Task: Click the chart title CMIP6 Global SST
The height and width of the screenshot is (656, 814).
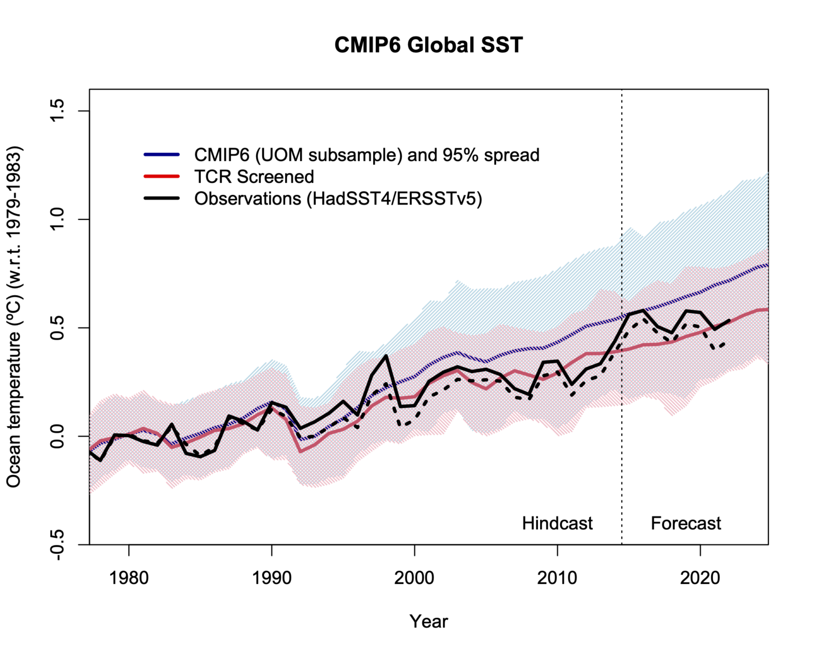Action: pos(428,45)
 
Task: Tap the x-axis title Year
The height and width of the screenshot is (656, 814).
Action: pos(428,621)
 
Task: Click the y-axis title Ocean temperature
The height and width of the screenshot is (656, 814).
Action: pos(14,316)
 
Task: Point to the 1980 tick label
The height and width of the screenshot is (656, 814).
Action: pos(129,577)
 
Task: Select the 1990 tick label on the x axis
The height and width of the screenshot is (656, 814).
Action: pos(272,577)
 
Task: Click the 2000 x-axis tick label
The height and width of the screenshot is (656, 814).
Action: pos(414,577)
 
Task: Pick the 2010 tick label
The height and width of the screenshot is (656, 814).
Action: pos(558,577)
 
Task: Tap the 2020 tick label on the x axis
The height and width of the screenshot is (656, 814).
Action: pos(700,577)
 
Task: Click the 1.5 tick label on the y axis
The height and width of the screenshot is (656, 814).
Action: pos(57,111)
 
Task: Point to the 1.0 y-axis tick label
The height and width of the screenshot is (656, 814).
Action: pos(57,219)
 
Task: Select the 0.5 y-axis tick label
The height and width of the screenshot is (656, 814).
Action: pos(57,328)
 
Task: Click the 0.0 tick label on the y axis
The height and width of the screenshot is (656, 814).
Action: pos(57,436)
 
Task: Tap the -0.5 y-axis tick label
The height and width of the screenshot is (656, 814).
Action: pos(57,544)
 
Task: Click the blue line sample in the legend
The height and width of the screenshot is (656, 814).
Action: pos(162,155)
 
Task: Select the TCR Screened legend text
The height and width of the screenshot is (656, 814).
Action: pos(254,176)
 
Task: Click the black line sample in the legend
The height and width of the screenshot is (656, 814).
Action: pos(162,198)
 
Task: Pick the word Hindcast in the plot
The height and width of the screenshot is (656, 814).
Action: pos(557,523)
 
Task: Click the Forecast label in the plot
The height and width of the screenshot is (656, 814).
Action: pos(686,523)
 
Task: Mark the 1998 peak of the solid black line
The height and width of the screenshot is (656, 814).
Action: pos(386,356)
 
